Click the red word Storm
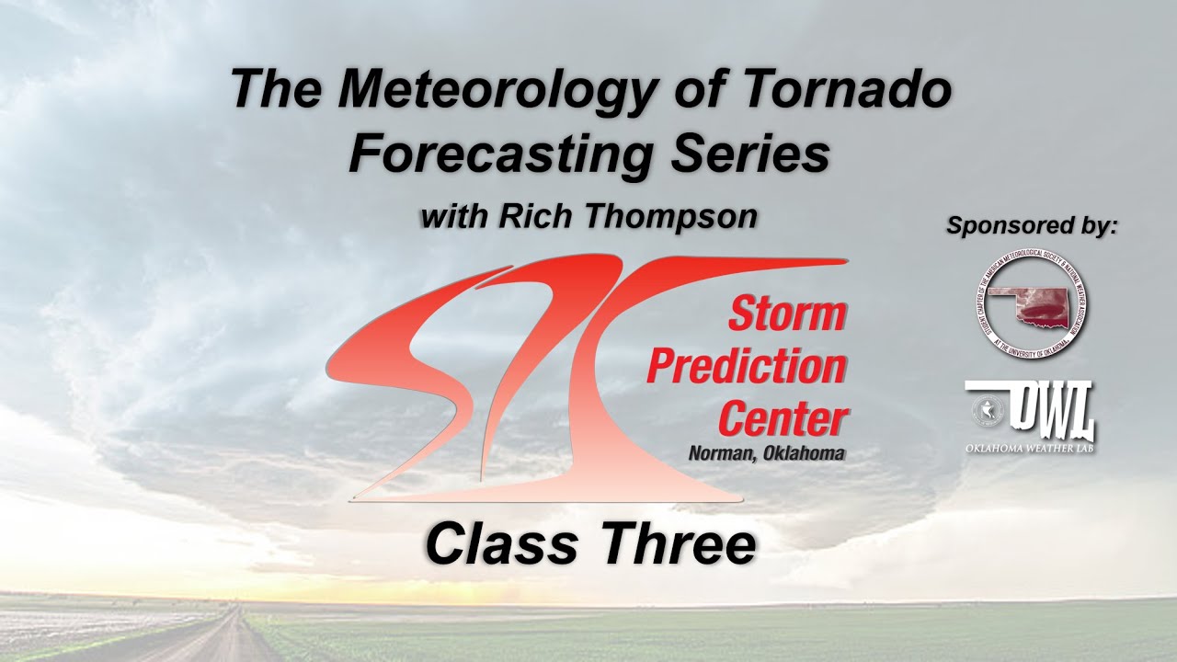click(787, 315)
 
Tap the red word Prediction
click(747, 368)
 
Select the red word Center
click(782, 419)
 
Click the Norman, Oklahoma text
click(766, 452)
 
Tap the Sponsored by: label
click(1032, 224)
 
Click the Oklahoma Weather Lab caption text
click(1030, 448)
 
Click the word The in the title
click(268, 90)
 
